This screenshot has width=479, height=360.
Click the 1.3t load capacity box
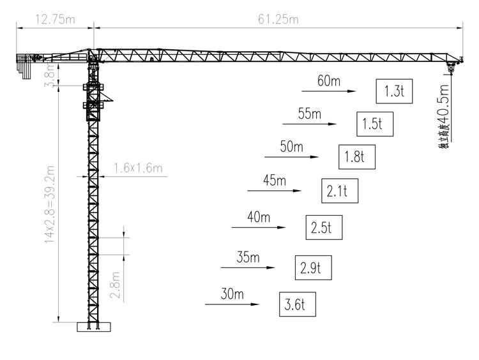[395, 91]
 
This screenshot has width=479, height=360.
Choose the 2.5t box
[324, 227]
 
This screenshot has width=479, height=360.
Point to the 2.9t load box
[314, 267]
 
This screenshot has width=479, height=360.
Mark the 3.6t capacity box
[298, 304]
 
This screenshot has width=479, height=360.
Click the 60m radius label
[330, 81]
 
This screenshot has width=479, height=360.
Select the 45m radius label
[275, 180]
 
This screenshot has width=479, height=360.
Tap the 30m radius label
[232, 294]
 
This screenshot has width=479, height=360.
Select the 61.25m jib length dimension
[278, 19]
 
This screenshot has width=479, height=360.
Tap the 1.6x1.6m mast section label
[138, 169]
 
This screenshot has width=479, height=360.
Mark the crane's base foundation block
[94, 327]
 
